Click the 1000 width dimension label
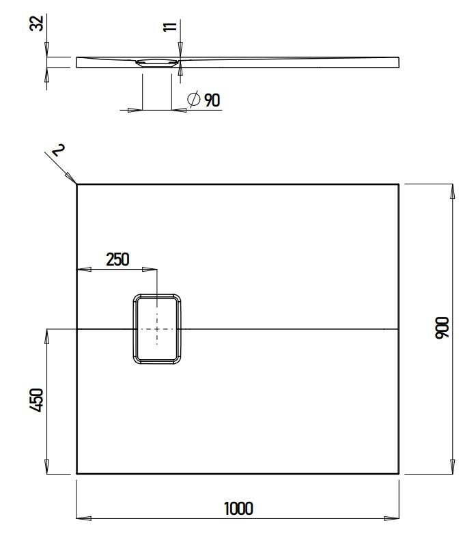(x=238, y=508)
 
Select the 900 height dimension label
(x=443, y=328)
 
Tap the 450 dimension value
(x=37, y=399)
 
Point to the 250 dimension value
(x=117, y=259)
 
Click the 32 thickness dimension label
(x=38, y=23)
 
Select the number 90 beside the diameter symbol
(x=212, y=100)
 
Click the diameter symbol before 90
(x=193, y=100)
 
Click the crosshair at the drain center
(x=157, y=328)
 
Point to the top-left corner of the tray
(x=77, y=184)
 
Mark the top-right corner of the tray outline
(x=399, y=184)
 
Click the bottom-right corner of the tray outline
(x=399, y=473)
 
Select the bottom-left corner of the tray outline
(x=77, y=473)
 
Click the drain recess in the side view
(x=158, y=63)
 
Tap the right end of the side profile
(x=398, y=62)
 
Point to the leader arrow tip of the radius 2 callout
(x=75, y=182)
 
